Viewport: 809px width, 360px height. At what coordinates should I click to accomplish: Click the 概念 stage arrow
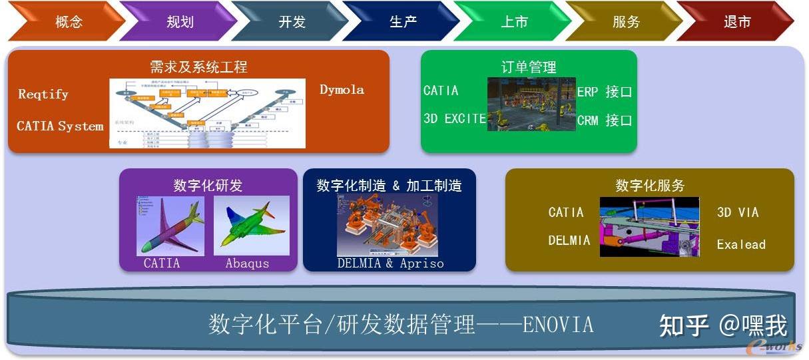click(x=69, y=22)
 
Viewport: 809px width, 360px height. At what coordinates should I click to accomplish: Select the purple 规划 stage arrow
click(x=180, y=22)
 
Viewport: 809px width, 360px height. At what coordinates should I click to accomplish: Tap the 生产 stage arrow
click(x=403, y=22)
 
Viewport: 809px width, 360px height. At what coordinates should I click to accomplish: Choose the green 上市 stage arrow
click(x=514, y=22)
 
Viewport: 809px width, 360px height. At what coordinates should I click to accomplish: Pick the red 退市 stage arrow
click(x=737, y=22)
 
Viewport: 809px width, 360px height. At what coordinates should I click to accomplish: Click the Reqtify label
click(x=43, y=94)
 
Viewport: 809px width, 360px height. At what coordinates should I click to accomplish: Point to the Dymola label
click(x=342, y=89)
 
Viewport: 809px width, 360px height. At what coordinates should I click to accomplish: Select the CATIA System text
click(x=60, y=126)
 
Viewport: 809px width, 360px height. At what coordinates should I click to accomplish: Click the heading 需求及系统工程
click(x=198, y=67)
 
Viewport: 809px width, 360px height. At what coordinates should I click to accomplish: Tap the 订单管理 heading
click(x=529, y=67)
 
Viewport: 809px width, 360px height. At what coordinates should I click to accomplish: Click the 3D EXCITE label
click(x=455, y=119)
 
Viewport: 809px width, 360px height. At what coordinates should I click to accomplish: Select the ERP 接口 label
click(x=604, y=92)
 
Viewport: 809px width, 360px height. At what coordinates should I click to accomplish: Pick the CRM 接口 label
click(x=604, y=120)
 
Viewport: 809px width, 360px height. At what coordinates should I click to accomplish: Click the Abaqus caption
click(x=247, y=263)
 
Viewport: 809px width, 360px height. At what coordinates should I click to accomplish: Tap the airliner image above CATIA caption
click(x=170, y=225)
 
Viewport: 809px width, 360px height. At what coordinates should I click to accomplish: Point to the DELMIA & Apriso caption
click(x=390, y=263)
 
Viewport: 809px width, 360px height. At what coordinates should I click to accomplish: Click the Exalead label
click(x=741, y=244)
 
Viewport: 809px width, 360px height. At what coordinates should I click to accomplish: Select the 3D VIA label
click(x=738, y=212)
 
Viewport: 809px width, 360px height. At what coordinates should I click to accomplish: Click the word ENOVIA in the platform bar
click(x=558, y=325)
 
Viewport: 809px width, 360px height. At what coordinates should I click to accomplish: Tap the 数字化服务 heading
click(x=650, y=186)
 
